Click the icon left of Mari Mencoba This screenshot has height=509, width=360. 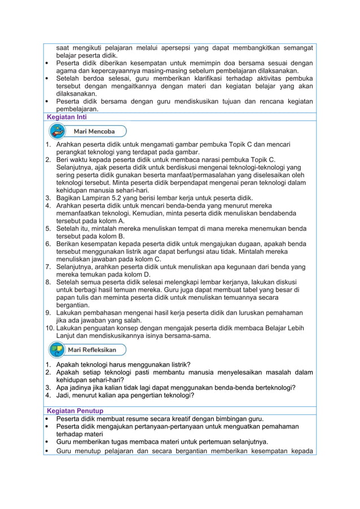tap(57, 131)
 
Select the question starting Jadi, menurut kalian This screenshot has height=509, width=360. tap(125, 395)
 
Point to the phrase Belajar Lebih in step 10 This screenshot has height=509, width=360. tap(293, 327)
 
